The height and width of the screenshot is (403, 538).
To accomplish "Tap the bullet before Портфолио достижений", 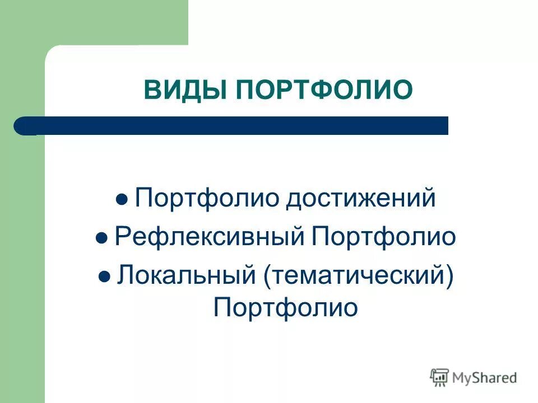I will click(122, 200).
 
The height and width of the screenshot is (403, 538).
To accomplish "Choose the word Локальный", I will click(184, 275).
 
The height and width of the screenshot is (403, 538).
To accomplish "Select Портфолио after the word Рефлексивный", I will click(384, 237).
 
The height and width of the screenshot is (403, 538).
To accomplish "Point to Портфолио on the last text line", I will click(285, 308).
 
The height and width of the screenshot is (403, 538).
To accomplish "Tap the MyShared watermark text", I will click(485, 378).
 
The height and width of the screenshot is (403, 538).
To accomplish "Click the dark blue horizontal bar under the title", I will click(235, 125).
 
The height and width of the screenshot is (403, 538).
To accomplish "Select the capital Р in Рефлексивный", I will click(121, 237).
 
